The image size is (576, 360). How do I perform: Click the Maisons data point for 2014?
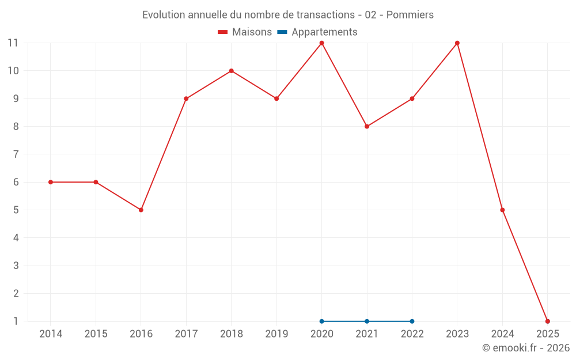coord(51,182)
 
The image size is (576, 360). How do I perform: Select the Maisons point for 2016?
coord(141,210)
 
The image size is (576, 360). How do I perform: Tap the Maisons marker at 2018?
coord(231,71)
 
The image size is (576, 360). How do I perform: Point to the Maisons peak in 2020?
coord(321,43)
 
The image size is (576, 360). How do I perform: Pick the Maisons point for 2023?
coord(457,43)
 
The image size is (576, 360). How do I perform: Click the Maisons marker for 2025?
coord(547,321)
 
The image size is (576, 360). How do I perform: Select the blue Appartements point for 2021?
coord(367,321)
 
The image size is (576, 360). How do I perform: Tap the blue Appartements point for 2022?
coord(412,321)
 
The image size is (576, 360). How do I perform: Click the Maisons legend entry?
coord(245,32)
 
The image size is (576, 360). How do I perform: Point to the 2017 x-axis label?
coord(186,334)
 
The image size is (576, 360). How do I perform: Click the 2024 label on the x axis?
coord(502,334)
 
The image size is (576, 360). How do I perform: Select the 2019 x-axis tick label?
coord(276,334)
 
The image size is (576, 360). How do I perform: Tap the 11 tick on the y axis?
coord(13,43)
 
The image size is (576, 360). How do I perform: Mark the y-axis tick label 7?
coord(16,154)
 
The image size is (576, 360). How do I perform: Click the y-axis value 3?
coord(16,266)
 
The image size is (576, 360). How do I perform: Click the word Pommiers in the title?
coord(410,14)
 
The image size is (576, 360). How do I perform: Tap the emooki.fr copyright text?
coord(526,348)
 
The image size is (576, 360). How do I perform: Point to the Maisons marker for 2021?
coord(367,126)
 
